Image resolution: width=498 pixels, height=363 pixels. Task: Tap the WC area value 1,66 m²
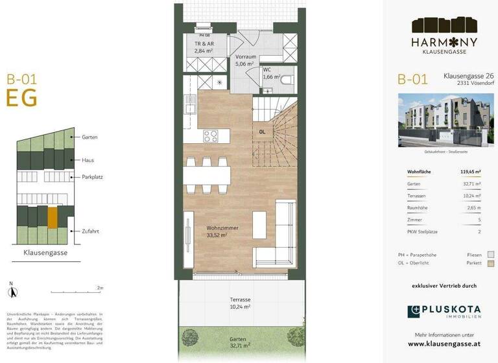tap(271, 77)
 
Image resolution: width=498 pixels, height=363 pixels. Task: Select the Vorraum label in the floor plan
tap(244, 57)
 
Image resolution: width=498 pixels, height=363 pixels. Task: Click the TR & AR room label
tap(205, 43)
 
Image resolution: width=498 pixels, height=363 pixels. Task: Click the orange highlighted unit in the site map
tap(53, 217)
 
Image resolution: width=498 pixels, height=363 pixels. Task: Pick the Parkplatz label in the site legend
tap(93, 176)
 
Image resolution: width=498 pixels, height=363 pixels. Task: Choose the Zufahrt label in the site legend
tap(90, 231)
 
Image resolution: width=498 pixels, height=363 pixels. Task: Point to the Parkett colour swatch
tap(490, 264)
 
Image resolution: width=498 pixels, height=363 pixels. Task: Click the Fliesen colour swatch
tap(490, 255)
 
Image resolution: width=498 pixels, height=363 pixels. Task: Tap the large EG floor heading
tap(21, 98)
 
